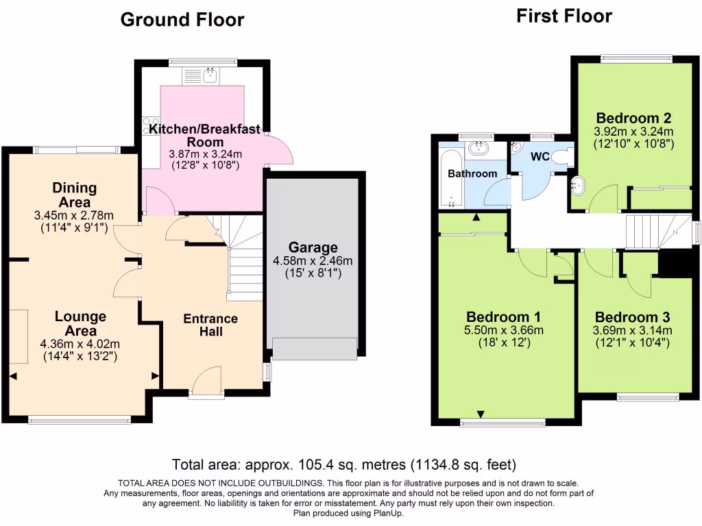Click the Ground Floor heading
(182, 20)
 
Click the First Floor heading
(564, 16)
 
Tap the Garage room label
(313, 247)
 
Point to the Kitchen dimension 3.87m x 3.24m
(204, 154)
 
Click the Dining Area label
(75, 195)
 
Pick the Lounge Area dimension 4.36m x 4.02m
(80, 344)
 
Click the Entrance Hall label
(210, 325)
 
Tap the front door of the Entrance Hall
(206, 381)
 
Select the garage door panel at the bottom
(315, 348)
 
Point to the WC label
(540, 157)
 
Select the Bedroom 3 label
(632, 317)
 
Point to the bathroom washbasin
(478, 148)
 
